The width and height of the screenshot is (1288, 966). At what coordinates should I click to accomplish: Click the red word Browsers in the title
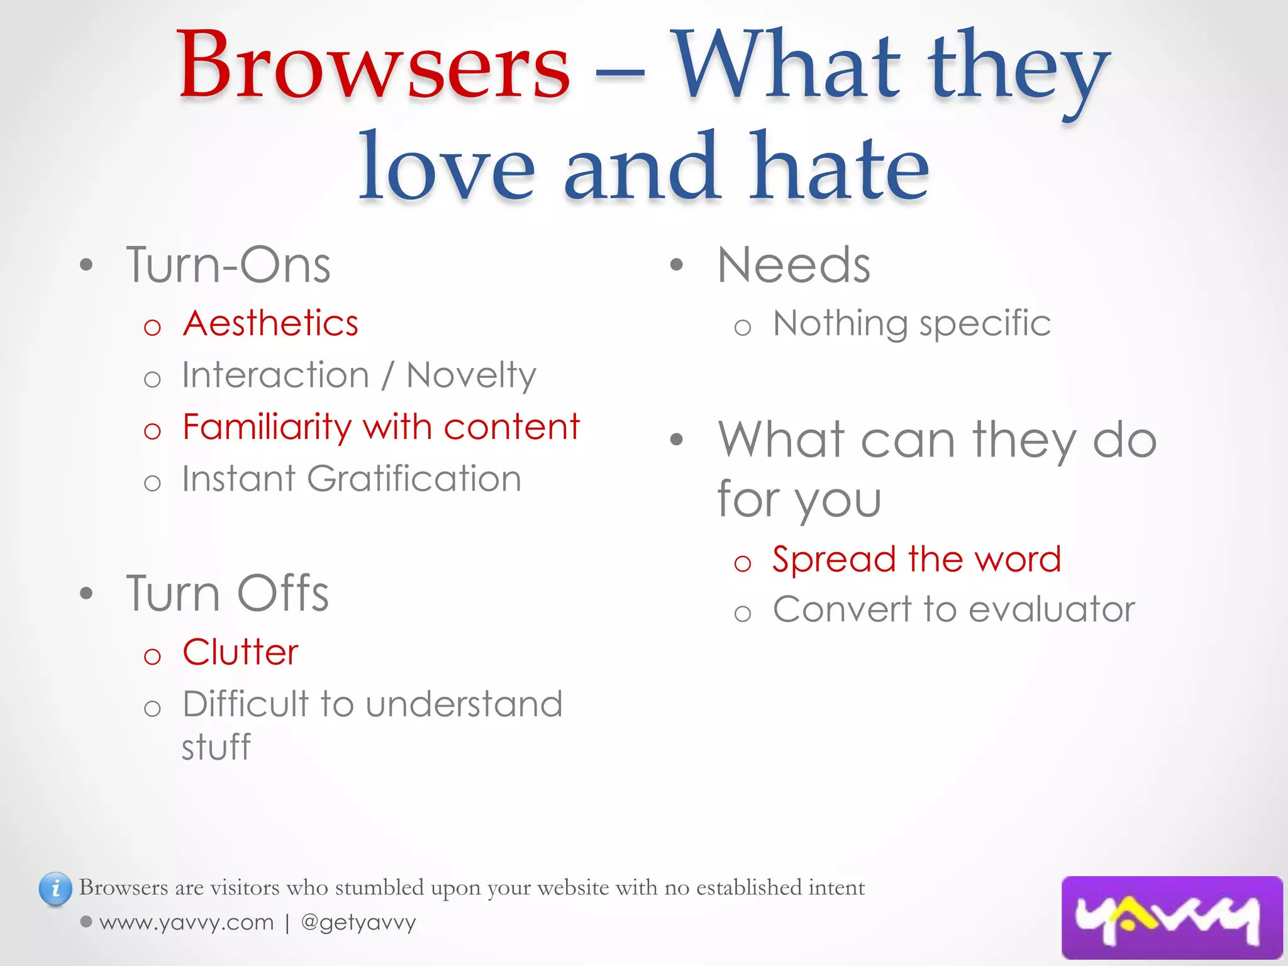pyautogui.click(x=374, y=66)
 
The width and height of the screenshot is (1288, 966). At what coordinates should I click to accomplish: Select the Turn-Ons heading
pyautogui.click(x=228, y=265)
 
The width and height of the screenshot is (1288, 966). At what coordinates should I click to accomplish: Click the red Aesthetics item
pyautogui.click(x=270, y=324)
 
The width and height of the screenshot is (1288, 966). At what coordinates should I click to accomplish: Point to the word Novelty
pyautogui.click(x=471, y=376)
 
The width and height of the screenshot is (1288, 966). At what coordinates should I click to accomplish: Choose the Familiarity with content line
pyautogui.click(x=380, y=428)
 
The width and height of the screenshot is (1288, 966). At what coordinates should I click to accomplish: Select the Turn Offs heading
pyautogui.click(x=227, y=594)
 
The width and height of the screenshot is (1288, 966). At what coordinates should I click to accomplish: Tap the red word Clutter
pyautogui.click(x=240, y=652)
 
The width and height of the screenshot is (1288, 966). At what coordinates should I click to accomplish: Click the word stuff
pyautogui.click(x=216, y=748)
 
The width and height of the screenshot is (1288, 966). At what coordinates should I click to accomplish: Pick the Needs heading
pyautogui.click(x=794, y=265)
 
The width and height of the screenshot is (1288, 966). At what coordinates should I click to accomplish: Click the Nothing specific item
pyautogui.click(x=911, y=324)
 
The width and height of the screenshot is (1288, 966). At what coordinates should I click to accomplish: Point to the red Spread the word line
pyautogui.click(x=916, y=559)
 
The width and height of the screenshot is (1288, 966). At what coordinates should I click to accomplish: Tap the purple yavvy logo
pyautogui.click(x=1171, y=917)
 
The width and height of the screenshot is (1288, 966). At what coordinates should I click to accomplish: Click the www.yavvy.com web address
pyautogui.click(x=186, y=923)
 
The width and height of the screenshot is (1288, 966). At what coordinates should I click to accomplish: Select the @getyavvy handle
pyautogui.click(x=358, y=923)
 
